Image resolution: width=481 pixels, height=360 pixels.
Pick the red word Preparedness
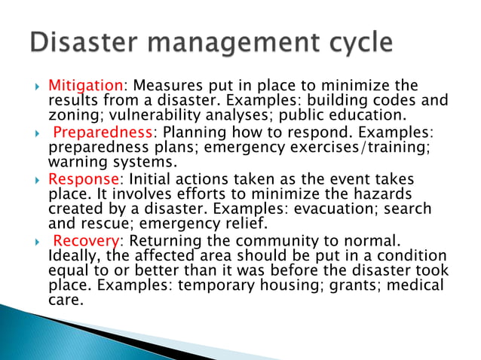[x=103, y=132]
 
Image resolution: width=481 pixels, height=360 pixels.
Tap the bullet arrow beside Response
[x=32, y=179]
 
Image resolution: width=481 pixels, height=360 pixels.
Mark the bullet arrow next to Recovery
[x=32, y=241]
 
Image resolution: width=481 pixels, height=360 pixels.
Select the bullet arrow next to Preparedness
[x=32, y=133]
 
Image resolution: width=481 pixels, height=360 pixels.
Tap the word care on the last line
[x=65, y=301]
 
